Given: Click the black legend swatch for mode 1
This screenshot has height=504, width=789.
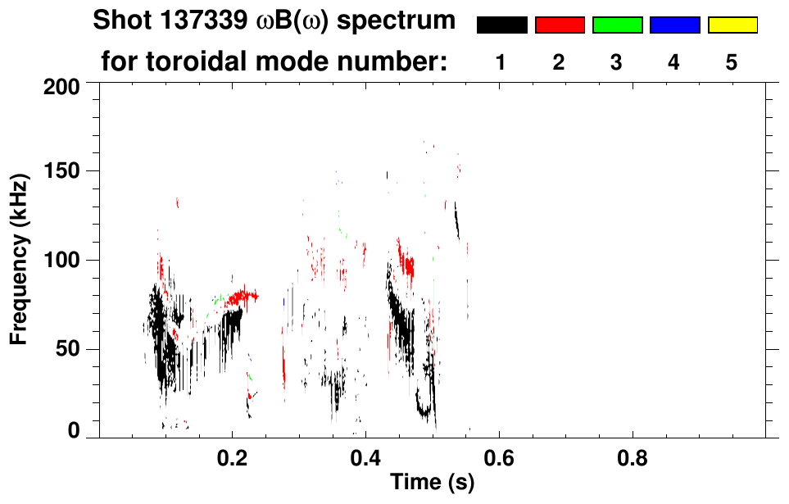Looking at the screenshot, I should point(501,25).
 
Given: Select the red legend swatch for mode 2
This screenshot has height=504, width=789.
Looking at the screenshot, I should point(560,25).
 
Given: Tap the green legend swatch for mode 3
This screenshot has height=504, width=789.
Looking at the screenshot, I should point(617,25).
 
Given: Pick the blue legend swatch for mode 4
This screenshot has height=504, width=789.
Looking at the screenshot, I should point(674,25).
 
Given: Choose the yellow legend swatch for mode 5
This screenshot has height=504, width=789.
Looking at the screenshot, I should point(732,25).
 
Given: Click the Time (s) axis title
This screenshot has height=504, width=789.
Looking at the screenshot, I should point(431,484).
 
